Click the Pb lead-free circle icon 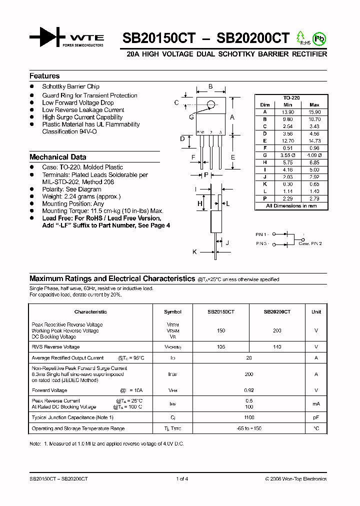[318, 38]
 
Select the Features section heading [44, 76]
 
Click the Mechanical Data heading [57, 157]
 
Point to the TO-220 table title [291, 98]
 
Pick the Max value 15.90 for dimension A [314, 112]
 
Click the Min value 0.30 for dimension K [287, 184]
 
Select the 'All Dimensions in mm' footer [291, 206]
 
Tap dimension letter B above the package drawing [210, 86]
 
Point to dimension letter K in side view [194, 252]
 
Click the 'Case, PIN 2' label [310, 243]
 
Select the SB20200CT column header [277, 311]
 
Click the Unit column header [316, 311]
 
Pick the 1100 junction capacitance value [249, 417]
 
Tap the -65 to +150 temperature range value [249, 428]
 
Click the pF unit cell [316, 417]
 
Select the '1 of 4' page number [182, 479]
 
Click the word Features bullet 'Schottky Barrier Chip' [70, 86]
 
